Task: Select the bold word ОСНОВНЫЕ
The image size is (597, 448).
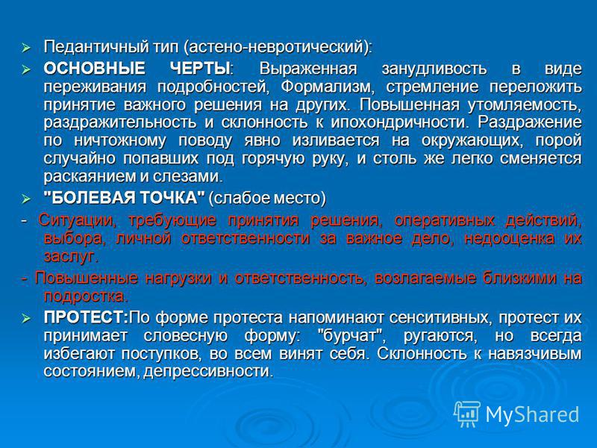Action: [x=95, y=69]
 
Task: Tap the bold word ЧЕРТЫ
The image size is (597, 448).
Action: [x=201, y=69]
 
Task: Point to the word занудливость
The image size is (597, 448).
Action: [x=434, y=69]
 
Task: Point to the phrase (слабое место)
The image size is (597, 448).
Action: [x=267, y=199]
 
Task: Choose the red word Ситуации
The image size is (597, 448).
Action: [x=78, y=221]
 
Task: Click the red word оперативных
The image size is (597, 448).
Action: [x=444, y=221]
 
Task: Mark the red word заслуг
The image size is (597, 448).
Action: [x=71, y=257]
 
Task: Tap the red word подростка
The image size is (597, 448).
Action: [x=86, y=296]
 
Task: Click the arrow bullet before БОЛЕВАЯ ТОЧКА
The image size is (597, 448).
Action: [x=26, y=199]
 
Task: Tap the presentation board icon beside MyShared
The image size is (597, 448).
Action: [x=467, y=414]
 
